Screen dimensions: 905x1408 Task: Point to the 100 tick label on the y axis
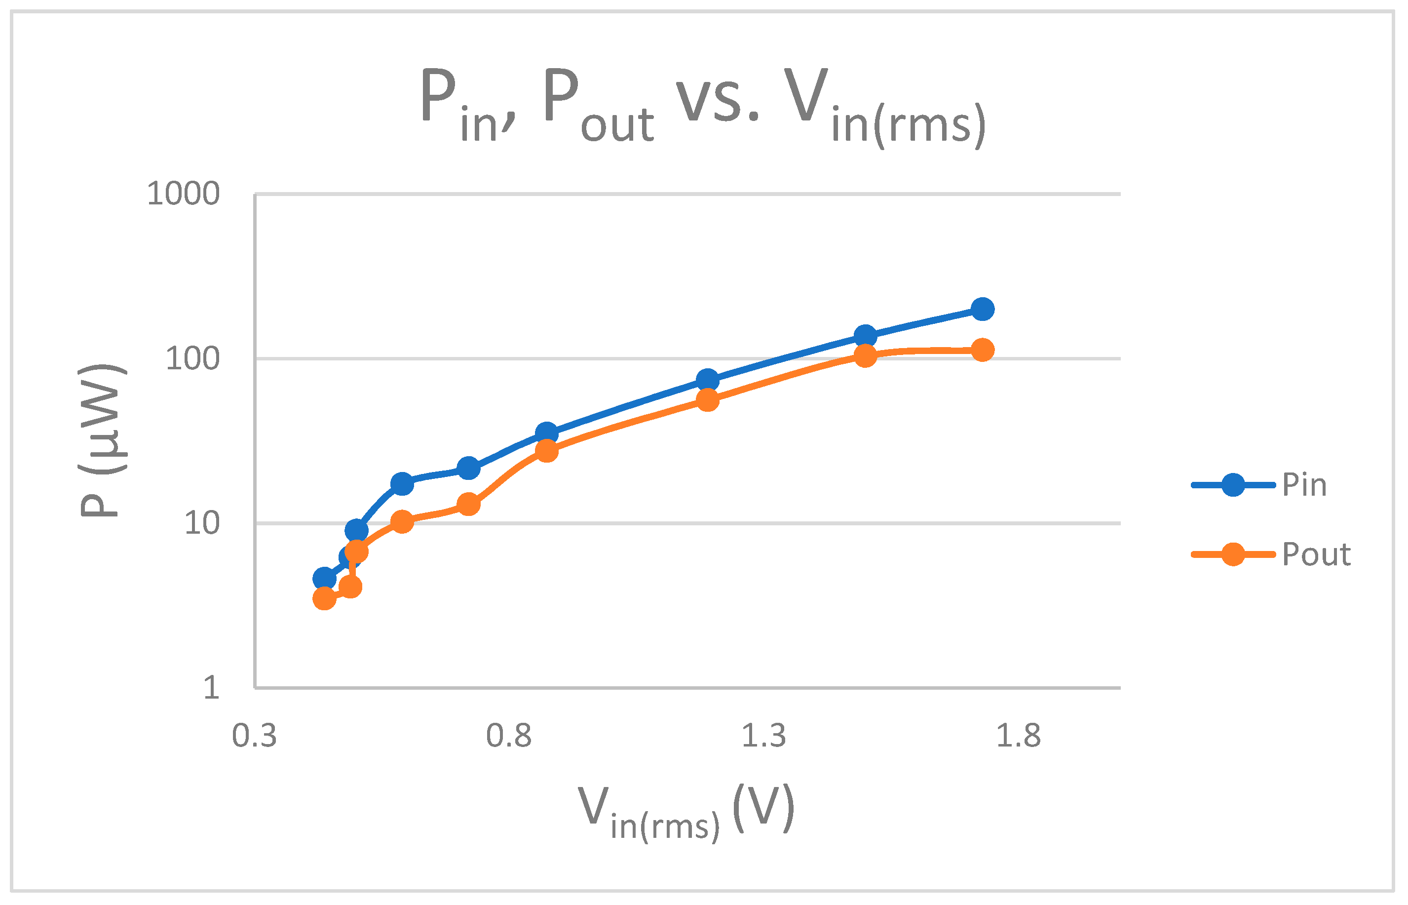[x=192, y=358]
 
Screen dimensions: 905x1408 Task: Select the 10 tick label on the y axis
[x=202, y=523]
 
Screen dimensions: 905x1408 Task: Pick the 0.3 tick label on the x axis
[x=254, y=736]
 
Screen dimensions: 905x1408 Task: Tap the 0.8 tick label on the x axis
[x=509, y=736]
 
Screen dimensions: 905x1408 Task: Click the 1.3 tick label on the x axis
[x=763, y=736]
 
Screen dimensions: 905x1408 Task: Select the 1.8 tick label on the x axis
[x=1019, y=736]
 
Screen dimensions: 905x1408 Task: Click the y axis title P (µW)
[x=101, y=441]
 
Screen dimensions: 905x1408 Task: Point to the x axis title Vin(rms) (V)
[x=686, y=811]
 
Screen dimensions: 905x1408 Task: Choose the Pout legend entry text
[x=1316, y=554]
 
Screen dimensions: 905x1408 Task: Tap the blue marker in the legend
[x=1233, y=485]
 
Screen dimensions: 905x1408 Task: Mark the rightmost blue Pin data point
[x=983, y=309]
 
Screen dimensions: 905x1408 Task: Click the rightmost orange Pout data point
[x=983, y=350]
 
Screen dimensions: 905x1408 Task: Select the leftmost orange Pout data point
[x=324, y=599]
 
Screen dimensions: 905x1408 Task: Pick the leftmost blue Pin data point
[x=324, y=579]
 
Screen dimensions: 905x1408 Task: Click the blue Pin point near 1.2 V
[x=707, y=381]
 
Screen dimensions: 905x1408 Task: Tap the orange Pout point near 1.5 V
[x=865, y=355]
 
